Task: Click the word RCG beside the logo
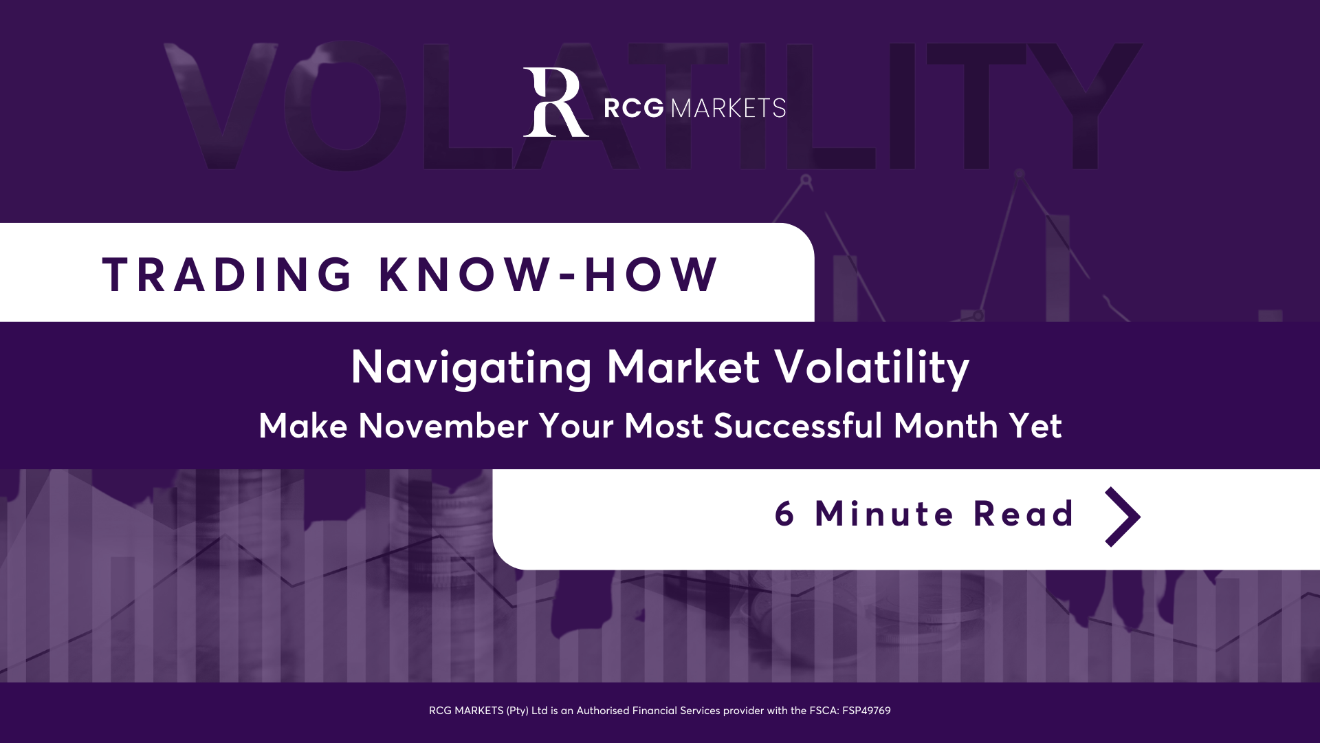(634, 108)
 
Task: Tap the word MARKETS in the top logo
(728, 108)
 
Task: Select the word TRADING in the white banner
(227, 274)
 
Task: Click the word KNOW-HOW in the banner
(548, 274)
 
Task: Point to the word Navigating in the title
(471, 369)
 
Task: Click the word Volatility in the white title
(872, 369)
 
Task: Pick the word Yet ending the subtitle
(1035, 426)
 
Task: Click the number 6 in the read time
(784, 514)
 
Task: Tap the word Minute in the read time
(884, 513)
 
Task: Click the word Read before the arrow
(1024, 513)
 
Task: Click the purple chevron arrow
(1123, 517)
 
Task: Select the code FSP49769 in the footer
(866, 711)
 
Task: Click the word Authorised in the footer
(603, 711)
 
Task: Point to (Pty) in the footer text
(518, 711)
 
